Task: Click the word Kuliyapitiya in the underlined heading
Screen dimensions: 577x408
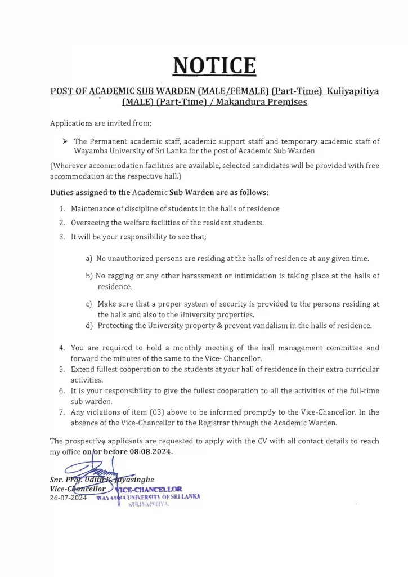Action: point(354,91)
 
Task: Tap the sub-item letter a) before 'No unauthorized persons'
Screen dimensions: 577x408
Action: point(88,259)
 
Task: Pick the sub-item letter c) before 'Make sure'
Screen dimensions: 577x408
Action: point(88,304)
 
